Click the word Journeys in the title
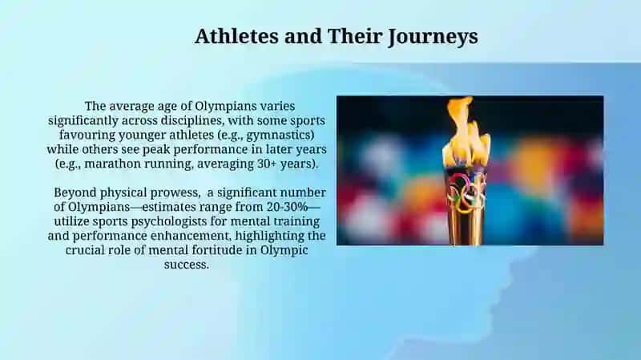click(433, 36)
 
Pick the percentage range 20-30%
click(287, 207)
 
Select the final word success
click(187, 265)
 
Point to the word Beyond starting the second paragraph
click(75, 192)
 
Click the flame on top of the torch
click(466, 131)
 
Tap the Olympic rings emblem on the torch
click(466, 192)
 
